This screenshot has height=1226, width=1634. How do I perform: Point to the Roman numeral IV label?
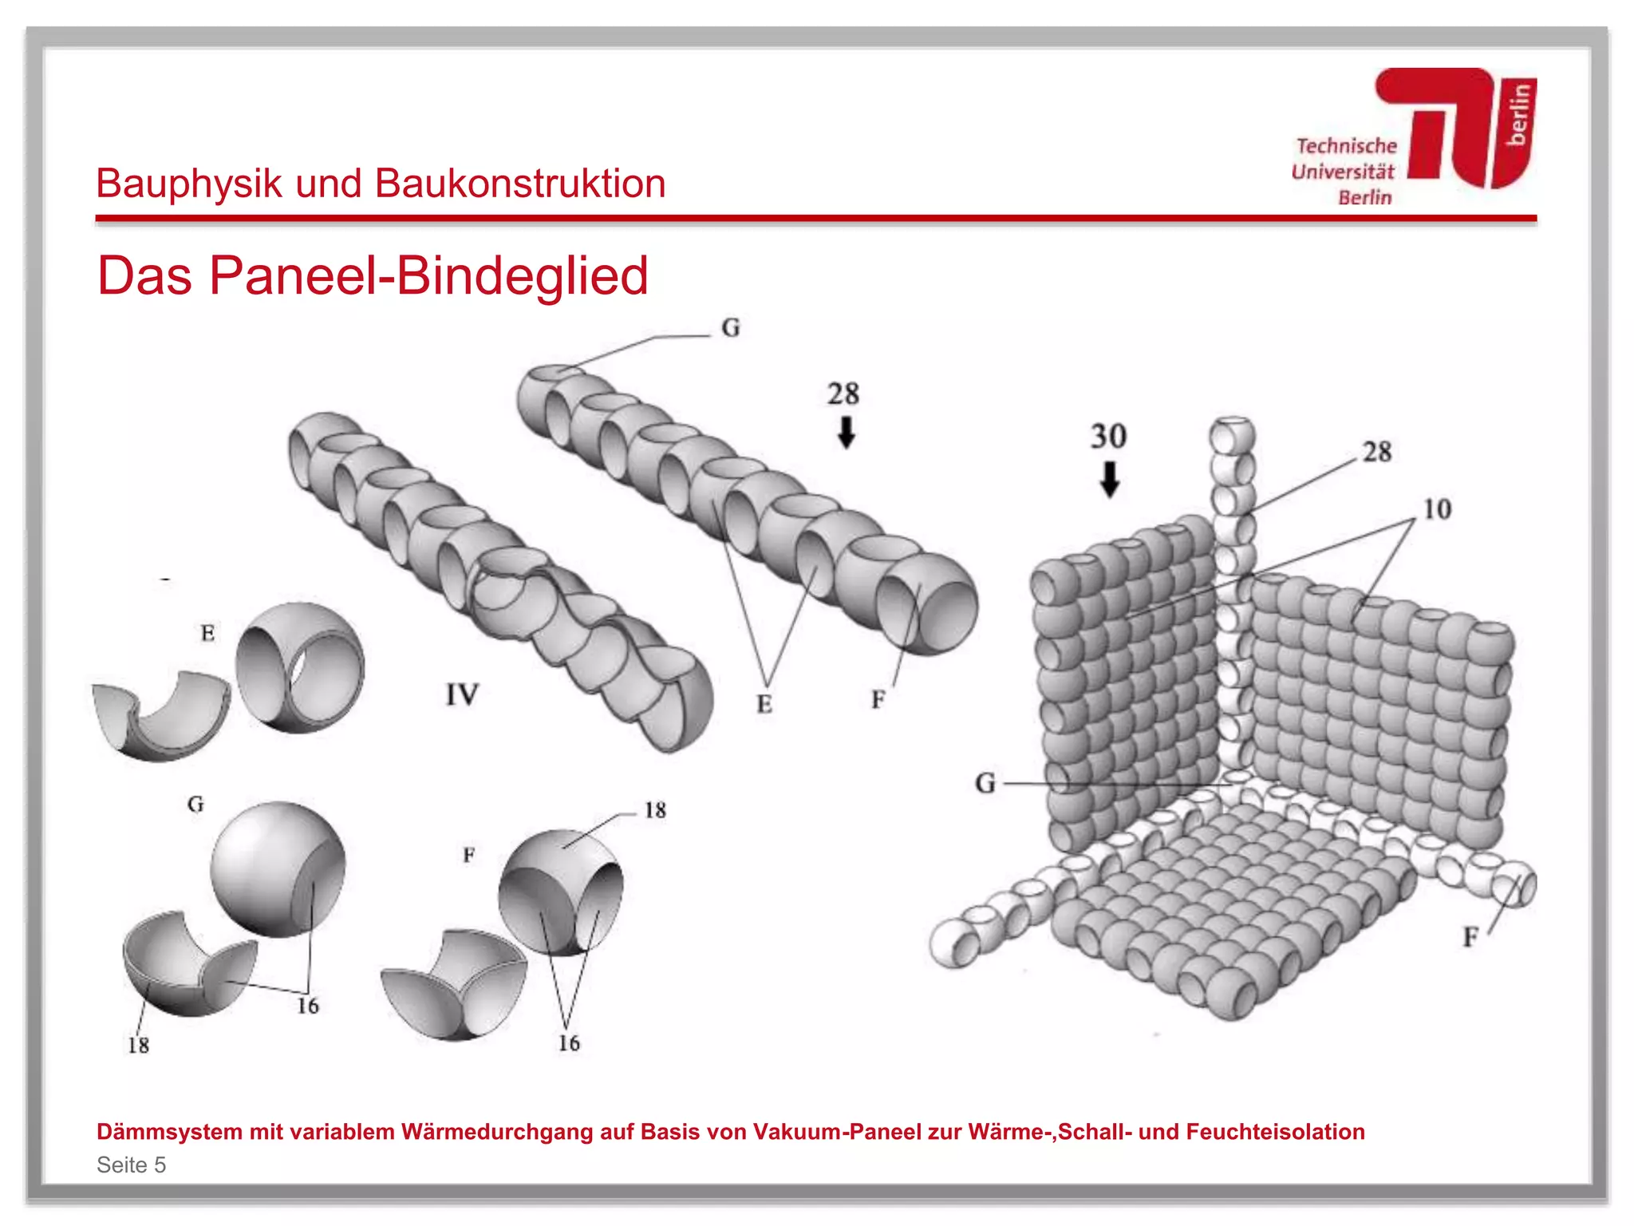[462, 694]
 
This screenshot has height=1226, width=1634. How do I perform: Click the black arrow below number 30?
[1109, 479]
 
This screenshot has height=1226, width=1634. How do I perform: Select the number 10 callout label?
[1437, 509]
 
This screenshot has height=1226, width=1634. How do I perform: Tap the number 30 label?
[1108, 437]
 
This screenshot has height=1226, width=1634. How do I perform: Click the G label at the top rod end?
[730, 328]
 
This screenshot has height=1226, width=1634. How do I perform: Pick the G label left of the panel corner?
[985, 783]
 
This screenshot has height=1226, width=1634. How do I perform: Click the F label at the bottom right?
[1470, 937]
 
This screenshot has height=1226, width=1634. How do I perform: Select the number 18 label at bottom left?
[138, 1045]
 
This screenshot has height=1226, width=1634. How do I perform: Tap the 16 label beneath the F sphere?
[569, 1043]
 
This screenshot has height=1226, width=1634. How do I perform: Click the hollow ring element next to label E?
[299, 667]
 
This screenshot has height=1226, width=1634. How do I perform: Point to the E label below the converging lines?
[764, 704]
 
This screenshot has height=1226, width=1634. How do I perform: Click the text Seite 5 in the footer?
[131, 1165]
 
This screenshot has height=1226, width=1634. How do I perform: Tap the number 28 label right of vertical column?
[1377, 452]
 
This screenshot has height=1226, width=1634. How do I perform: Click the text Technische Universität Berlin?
[1344, 172]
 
